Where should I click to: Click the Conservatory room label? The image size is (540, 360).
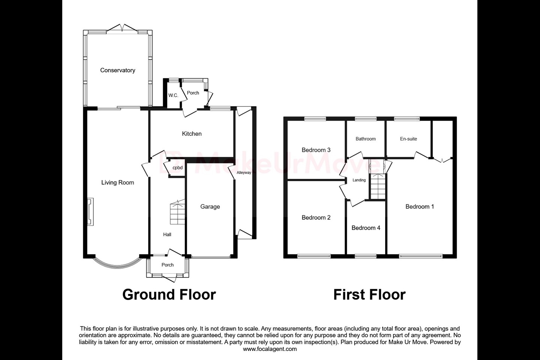pyautogui.click(x=117, y=70)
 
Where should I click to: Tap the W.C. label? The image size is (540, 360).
pyautogui.click(x=173, y=95)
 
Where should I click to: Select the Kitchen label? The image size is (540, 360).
pyautogui.click(x=192, y=133)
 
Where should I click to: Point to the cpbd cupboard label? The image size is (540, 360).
pyautogui.click(x=178, y=168)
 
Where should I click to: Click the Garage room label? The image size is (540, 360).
pyautogui.click(x=210, y=207)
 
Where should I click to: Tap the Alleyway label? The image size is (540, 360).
pyautogui.click(x=244, y=173)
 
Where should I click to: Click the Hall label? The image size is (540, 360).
pyautogui.click(x=167, y=234)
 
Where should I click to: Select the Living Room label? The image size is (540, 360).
pyautogui.click(x=117, y=183)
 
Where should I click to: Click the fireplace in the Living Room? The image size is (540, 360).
pyautogui.click(x=90, y=212)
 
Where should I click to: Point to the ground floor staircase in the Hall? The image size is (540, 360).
pyautogui.click(x=178, y=213)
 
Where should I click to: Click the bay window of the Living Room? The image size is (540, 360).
pyautogui.click(x=117, y=265)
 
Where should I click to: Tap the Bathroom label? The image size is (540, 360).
pyautogui.click(x=366, y=139)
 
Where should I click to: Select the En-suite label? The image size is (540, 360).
pyautogui.click(x=408, y=139)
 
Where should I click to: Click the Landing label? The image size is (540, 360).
pyautogui.click(x=359, y=180)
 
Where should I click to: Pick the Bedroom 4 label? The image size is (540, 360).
pyautogui.click(x=366, y=228)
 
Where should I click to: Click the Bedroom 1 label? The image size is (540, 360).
pyautogui.click(x=420, y=207)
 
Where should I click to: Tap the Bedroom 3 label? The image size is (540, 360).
pyautogui.click(x=316, y=150)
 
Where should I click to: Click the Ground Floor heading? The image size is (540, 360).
pyautogui.click(x=169, y=295)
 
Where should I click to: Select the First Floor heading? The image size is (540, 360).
pyautogui.click(x=369, y=295)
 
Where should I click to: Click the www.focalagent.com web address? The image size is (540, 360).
pyautogui.click(x=270, y=349)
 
